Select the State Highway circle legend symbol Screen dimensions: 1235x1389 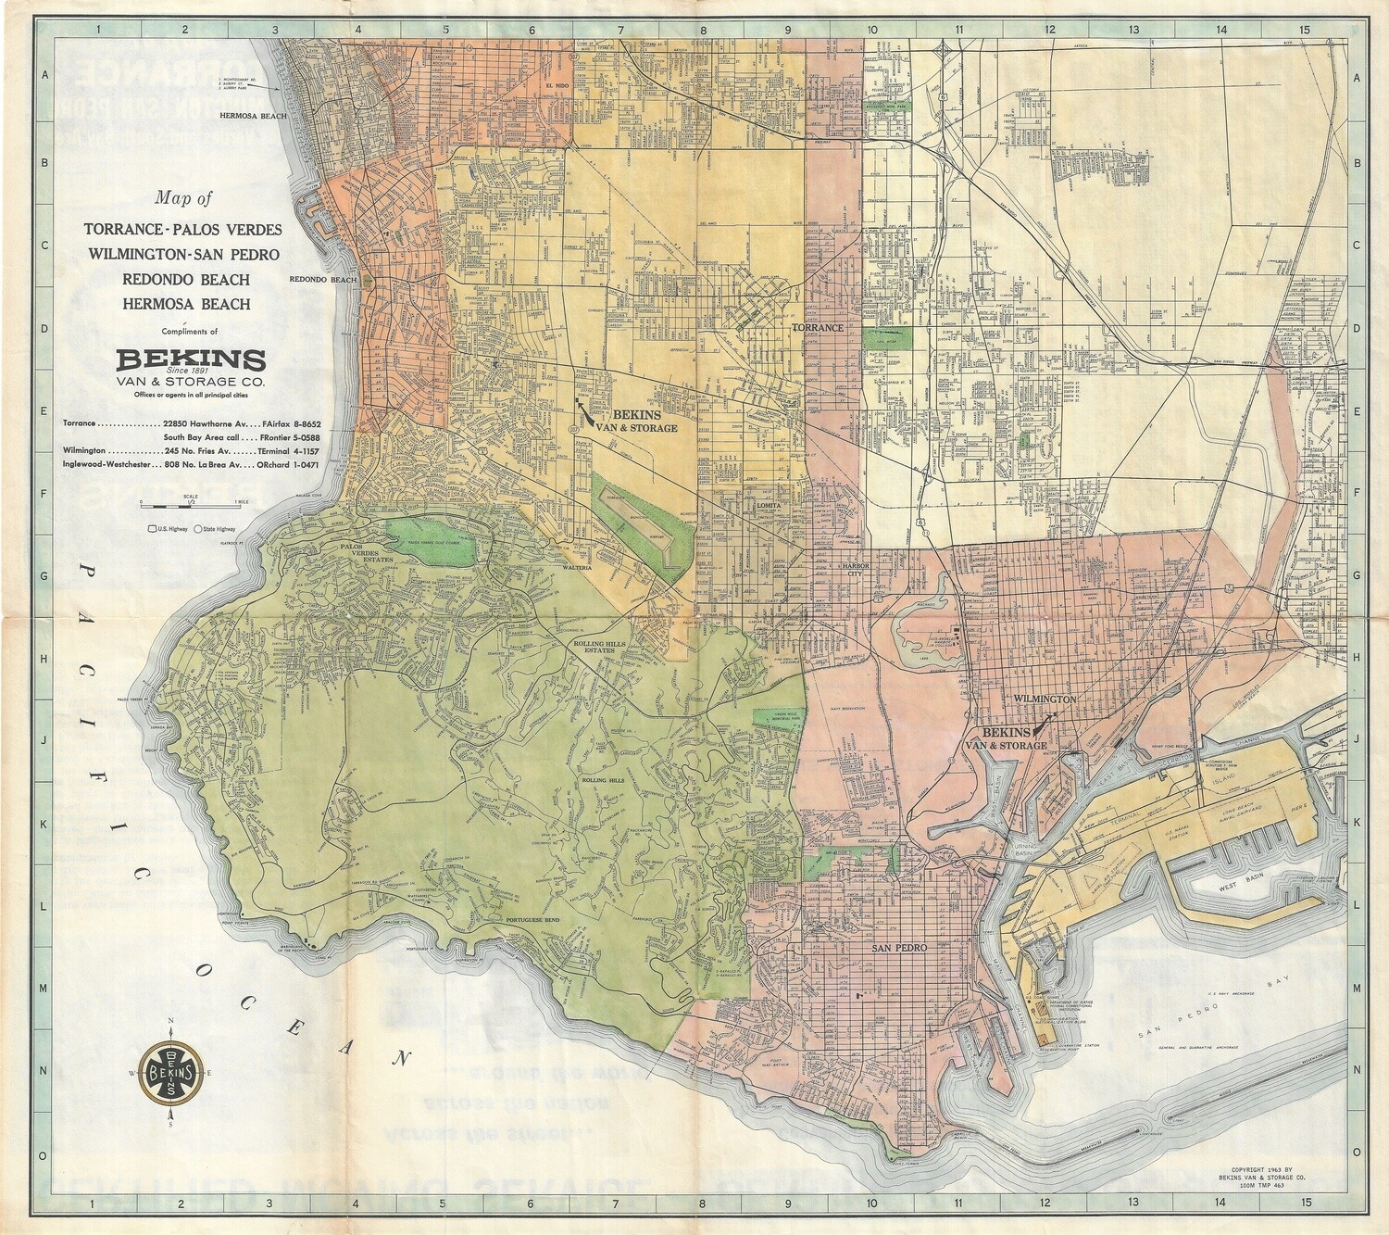[197, 529]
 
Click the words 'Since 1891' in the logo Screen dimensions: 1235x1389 [190, 370]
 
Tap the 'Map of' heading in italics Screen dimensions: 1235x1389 [183, 197]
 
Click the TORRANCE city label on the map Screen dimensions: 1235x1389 [817, 328]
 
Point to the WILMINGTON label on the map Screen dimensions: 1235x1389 [1044, 699]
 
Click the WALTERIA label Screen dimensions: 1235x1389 [574, 567]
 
